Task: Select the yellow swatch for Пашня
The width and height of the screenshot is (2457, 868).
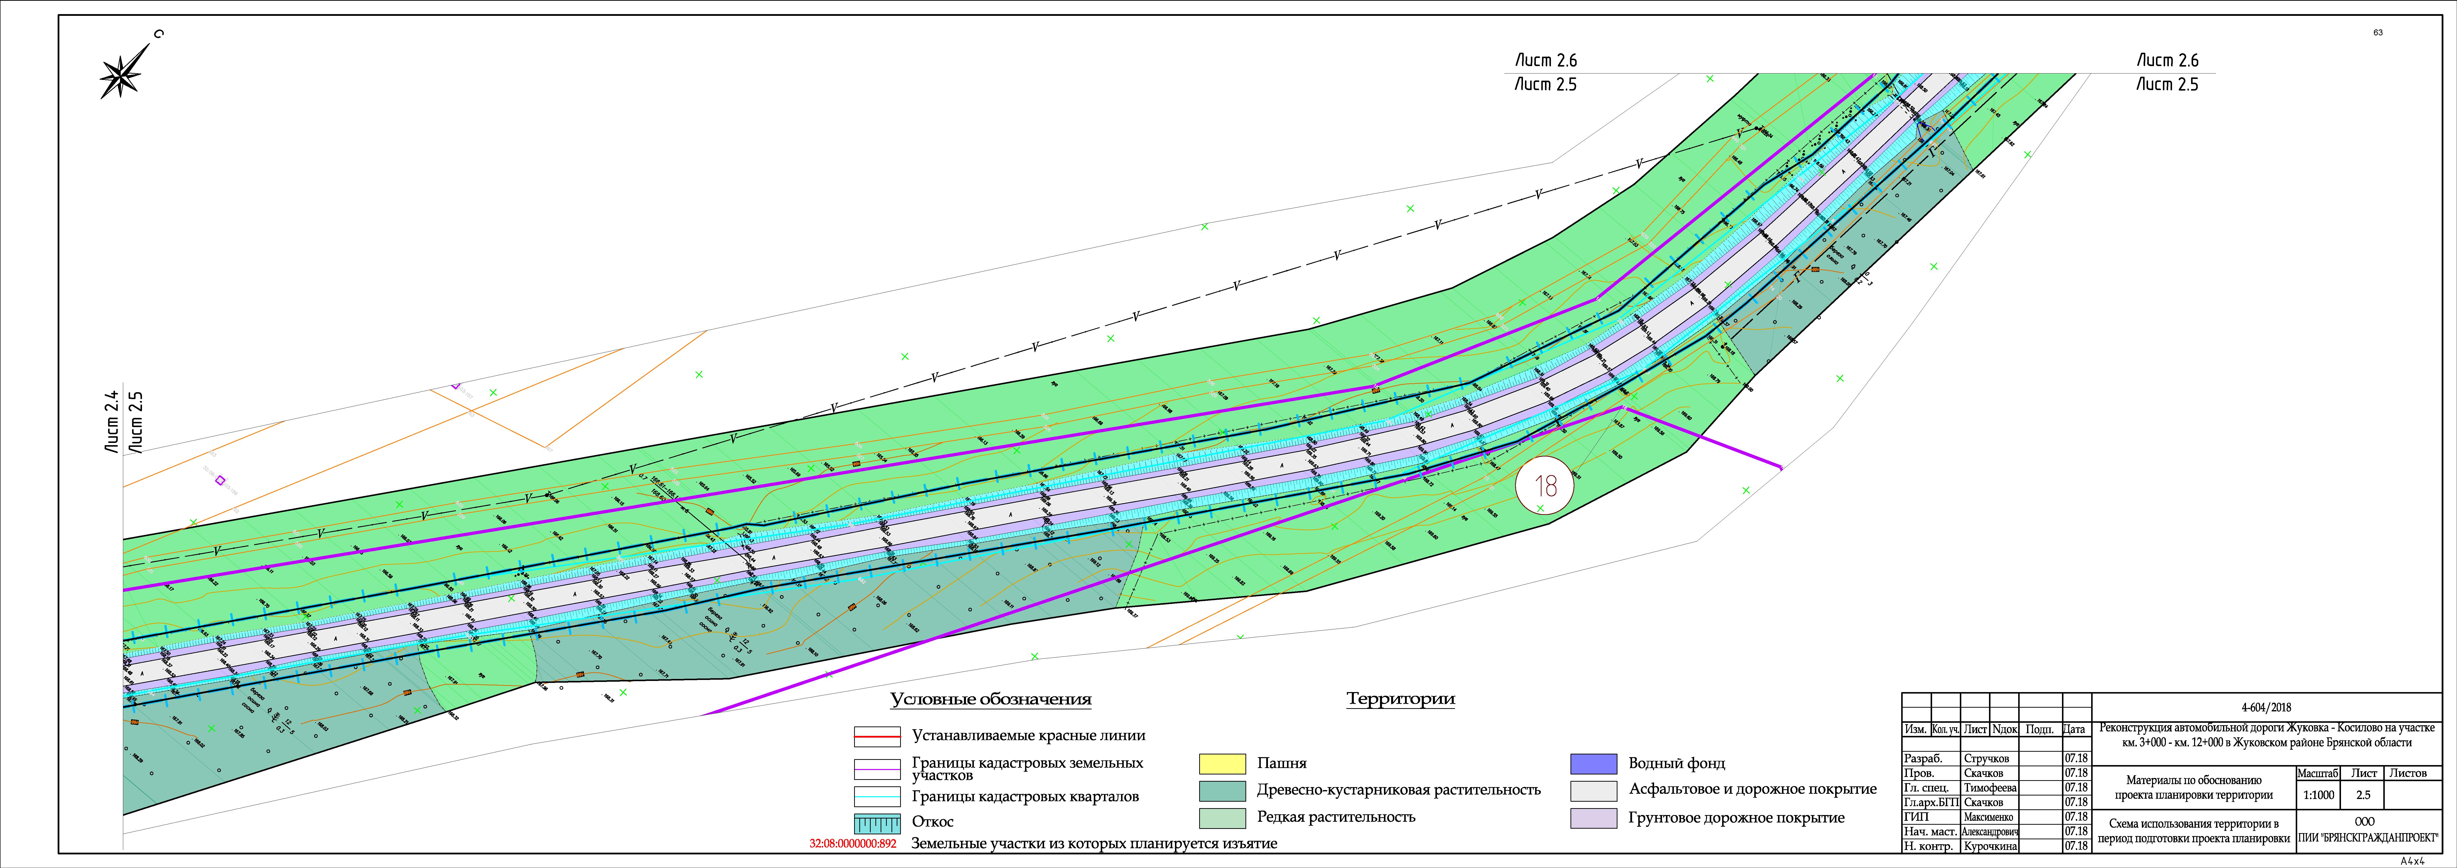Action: [1222, 763]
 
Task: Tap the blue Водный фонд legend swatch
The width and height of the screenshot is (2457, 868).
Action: [1593, 763]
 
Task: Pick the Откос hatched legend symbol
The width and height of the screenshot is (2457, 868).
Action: [877, 822]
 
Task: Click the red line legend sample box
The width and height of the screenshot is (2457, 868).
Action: [877, 736]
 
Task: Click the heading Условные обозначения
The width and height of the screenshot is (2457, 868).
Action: [990, 699]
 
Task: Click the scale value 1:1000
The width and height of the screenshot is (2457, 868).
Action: [2318, 795]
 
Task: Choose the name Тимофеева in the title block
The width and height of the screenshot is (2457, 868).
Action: [1990, 788]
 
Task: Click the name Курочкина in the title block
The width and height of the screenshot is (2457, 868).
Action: [1990, 846]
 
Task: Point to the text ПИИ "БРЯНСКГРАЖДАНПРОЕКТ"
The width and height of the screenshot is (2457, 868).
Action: [2367, 838]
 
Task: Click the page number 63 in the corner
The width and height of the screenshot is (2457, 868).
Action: [2378, 32]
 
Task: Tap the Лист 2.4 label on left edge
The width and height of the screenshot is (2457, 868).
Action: [112, 421]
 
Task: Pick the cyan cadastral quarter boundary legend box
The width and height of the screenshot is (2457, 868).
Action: [877, 796]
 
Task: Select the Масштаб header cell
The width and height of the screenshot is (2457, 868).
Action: [2318, 773]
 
